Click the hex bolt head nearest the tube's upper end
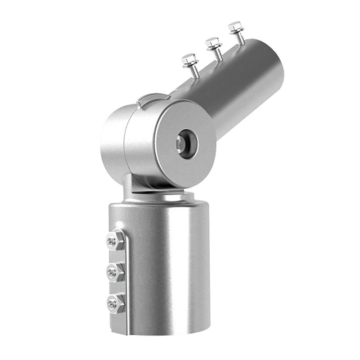tap(236, 27)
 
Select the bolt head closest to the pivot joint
tap(189, 59)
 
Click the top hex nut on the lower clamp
tap(116, 240)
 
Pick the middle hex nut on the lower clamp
tap(116, 272)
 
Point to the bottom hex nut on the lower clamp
tap(116, 303)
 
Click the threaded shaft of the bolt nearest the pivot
tap(194, 71)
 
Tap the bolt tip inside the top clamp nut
tap(112, 241)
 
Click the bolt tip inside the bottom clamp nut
tap(112, 304)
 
